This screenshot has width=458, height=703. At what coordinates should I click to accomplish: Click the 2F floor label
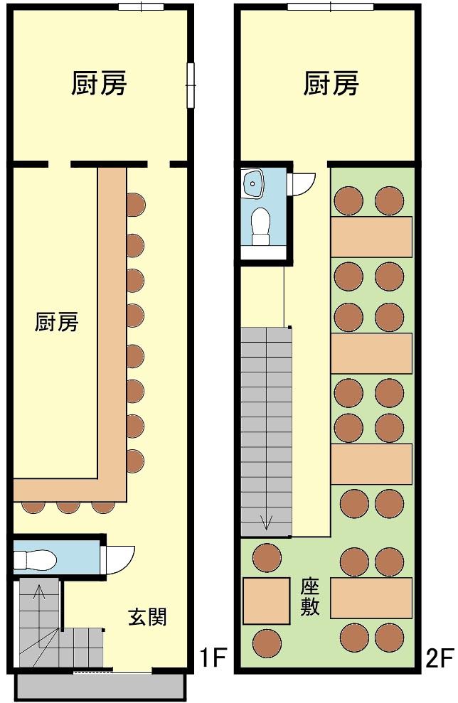[440, 658]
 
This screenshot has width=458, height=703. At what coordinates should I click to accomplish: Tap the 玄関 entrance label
[148, 616]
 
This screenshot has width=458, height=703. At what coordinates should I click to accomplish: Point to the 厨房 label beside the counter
[56, 321]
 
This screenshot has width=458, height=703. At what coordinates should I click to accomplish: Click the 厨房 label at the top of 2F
[331, 83]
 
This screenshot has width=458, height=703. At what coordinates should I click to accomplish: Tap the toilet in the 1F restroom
[35, 560]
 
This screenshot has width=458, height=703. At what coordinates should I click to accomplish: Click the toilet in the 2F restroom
[260, 227]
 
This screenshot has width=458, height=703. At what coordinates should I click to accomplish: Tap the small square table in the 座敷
[267, 601]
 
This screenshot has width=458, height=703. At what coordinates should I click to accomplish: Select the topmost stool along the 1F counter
[135, 205]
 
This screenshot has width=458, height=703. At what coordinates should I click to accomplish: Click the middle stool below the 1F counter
[68, 507]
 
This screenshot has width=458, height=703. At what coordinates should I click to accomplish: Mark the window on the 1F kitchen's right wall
[191, 85]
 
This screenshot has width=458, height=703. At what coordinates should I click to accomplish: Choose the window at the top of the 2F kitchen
[331, 6]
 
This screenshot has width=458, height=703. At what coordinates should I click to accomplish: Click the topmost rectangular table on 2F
[371, 237]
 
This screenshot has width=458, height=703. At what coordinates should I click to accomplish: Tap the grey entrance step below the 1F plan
[101, 686]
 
